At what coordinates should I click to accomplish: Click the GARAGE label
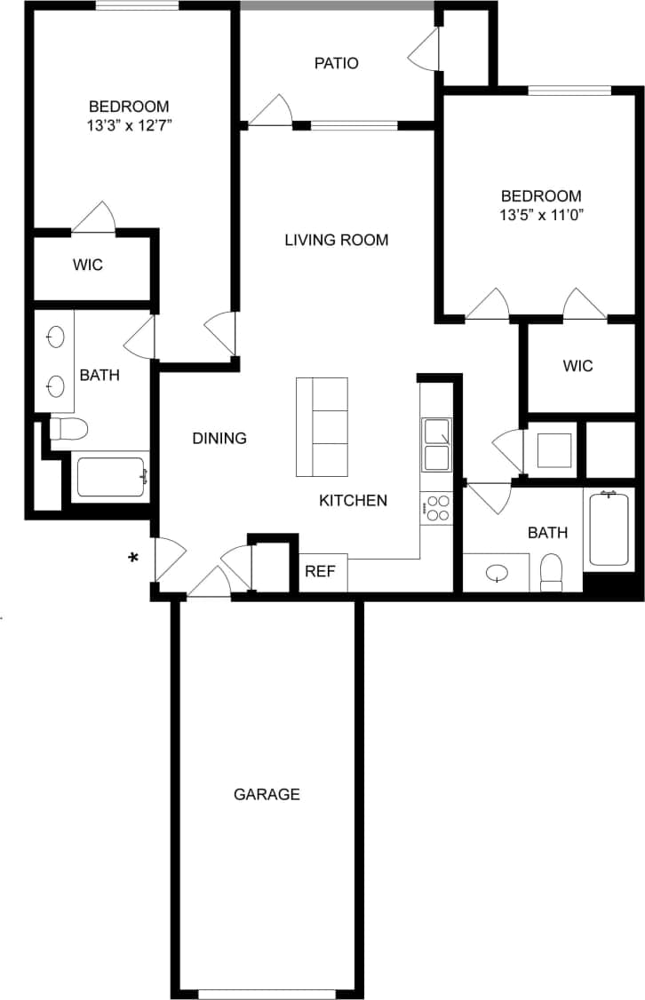click(267, 794)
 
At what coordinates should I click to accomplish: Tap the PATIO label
click(337, 63)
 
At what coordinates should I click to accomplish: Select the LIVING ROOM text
click(337, 240)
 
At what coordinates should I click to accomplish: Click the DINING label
click(219, 438)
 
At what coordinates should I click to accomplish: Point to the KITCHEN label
click(353, 500)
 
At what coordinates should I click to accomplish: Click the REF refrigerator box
click(321, 571)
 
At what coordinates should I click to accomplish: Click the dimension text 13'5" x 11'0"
click(541, 214)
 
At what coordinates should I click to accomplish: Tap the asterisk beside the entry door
click(134, 558)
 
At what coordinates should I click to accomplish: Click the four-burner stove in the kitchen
click(437, 508)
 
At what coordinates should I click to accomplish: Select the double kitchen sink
click(436, 445)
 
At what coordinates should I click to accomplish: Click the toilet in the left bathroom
click(68, 430)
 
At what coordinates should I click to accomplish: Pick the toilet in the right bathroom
click(552, 572)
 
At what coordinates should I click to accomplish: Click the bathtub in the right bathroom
click(609, 528)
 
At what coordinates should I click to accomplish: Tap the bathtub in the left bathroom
click(110, 477)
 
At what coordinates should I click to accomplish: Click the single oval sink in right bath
click(496, 574)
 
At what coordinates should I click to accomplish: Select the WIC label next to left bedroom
click(87, 265)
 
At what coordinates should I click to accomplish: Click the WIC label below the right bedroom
click(577, 366)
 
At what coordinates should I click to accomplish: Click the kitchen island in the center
click(322, 426)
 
